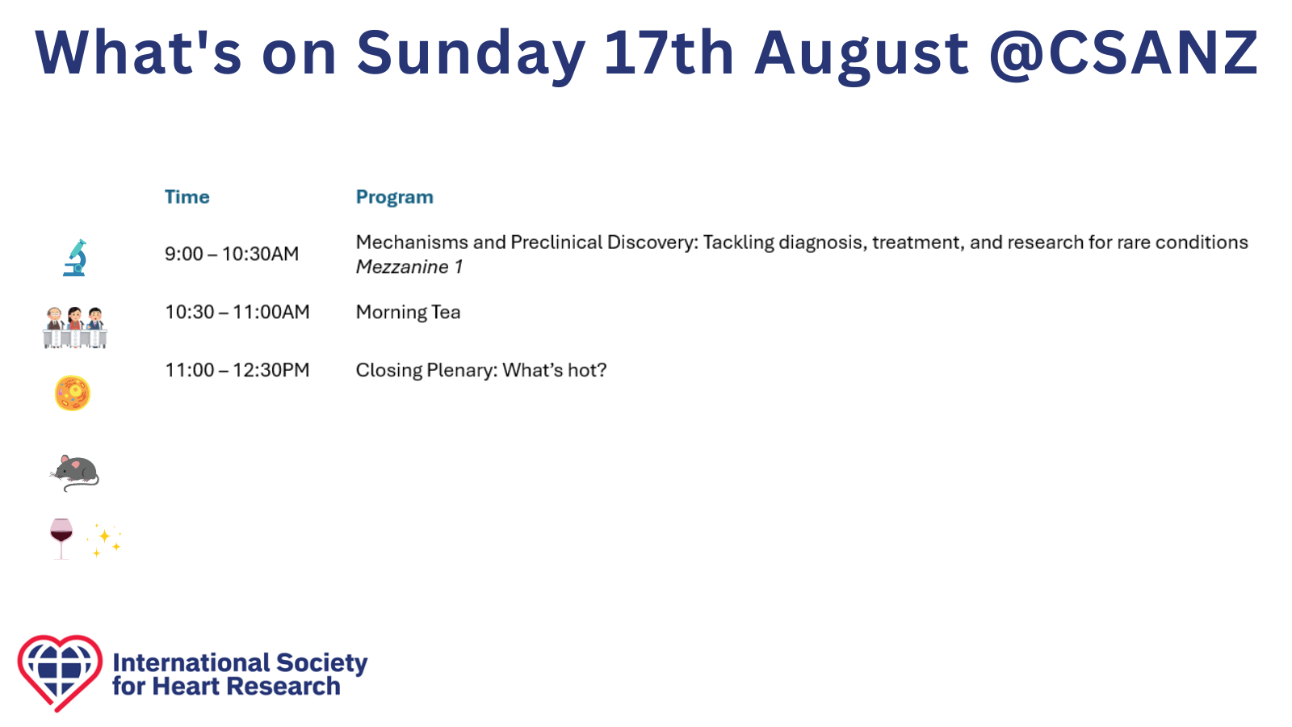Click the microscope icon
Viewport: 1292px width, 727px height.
click(x=75, y=258)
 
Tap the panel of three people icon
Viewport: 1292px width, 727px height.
click(x=75, y=327)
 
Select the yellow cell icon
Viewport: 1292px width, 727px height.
click(x=73, y=393)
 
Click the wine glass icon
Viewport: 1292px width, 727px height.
click(x=61, y=539)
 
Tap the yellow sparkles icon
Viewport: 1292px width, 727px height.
click(x=104, y=540)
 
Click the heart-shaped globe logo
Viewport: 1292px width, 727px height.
click(x=60, y=673)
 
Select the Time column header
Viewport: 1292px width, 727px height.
click(x=187, y=197)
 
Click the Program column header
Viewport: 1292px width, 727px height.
click(x=395, y=197)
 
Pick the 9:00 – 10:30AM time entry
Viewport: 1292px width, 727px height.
click(x=232, y=254)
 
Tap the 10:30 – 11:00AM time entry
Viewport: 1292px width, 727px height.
click(x=237, y=312)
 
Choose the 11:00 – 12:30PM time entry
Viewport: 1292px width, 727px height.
click(x=237, y=370)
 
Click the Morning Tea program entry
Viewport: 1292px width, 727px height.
click(x=409, y=312)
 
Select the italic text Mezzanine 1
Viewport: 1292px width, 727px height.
click(x=409, y=267)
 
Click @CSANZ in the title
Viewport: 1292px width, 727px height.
click(x=1123, y=53)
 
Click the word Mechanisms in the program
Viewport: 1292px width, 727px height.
click(x=412, y=242)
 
